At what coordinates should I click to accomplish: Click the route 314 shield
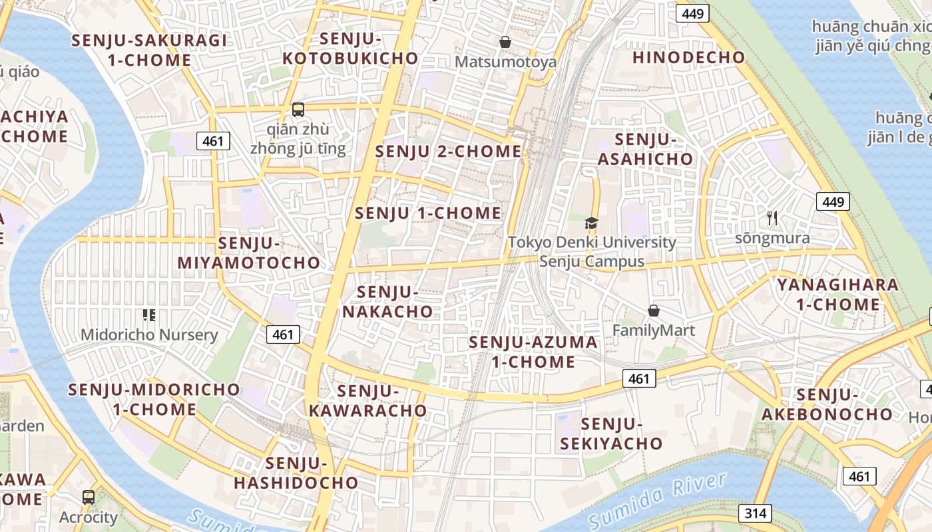click(755, 513)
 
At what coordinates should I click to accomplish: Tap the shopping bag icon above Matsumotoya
click(505, 42)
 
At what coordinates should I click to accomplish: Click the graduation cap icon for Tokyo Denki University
click(591, 223)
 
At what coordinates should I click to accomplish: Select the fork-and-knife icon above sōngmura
click(772, 217)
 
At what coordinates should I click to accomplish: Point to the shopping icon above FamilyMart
click(653, 311)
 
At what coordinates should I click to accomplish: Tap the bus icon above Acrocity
click(88, 497)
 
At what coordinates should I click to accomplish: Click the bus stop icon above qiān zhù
click(298, 110)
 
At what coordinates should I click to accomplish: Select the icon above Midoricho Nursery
click(149, 315)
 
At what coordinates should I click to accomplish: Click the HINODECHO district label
click(688, 57)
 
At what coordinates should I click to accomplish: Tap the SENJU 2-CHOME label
click(448, 152)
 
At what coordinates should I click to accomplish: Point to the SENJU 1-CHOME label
click(428, 213)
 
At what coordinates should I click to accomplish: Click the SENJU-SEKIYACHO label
click(611, 434)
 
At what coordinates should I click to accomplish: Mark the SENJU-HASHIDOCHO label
click(296, 473)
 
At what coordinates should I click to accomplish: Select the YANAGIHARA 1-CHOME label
click(837, 295)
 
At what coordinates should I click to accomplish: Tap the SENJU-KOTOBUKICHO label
click(350, 49)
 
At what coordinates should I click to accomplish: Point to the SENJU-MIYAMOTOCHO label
click(249, 253)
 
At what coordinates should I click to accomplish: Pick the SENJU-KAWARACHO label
click(367, 400)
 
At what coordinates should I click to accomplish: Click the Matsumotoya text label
click(505, 62)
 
